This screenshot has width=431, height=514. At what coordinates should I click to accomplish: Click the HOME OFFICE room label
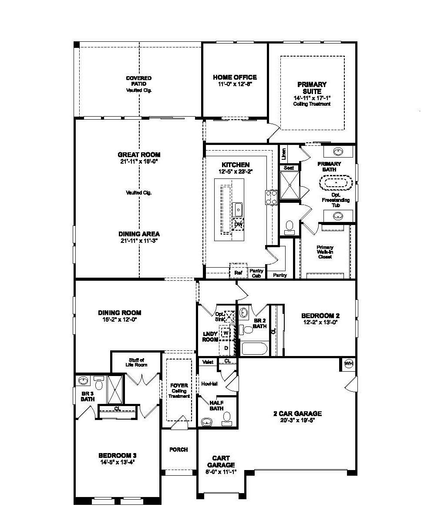coord(235,77)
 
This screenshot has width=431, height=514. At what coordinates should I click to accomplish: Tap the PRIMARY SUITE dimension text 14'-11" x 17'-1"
coord(312,98)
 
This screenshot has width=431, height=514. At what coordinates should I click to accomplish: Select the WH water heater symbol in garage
coord(348,363)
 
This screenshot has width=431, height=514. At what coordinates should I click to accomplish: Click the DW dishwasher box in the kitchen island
coord(238,224)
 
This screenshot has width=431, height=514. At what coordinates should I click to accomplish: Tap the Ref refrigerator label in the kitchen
coord(238,272)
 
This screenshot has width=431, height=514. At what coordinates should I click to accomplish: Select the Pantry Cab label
coord(256,273)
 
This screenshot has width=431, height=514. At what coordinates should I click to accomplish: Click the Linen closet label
coord(284,153)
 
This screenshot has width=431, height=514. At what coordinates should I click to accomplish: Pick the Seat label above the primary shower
coord(289,168)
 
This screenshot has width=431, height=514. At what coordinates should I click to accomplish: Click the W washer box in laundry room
coord(226,333)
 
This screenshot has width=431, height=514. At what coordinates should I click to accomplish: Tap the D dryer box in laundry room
coord(226,348)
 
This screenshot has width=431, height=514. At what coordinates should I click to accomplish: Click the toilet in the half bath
coord(227,418)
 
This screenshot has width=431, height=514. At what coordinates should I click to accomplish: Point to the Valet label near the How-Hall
coord(208,361)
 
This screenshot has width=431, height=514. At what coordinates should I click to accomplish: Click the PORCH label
coord(178,449)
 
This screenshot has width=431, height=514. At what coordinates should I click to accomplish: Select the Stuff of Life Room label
coord(137,362)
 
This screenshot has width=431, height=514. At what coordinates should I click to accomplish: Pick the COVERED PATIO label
coord(139,81)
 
